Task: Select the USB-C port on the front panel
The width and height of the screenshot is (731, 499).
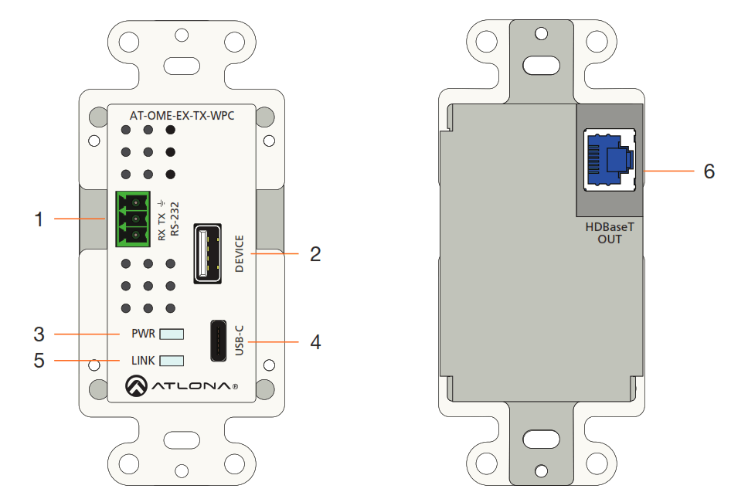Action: pos(219,341)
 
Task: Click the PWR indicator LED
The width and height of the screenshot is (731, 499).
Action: pos(172,334)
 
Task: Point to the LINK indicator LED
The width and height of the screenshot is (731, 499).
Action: pos(172,361)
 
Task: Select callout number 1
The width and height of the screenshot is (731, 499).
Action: pos(38,219)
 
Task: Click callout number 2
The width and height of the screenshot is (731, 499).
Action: pos(314,253)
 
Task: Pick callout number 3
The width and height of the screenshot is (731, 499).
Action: pos(38,334)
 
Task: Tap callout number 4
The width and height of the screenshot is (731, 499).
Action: pos(314,341)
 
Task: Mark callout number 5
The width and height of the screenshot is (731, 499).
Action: pos(38,360)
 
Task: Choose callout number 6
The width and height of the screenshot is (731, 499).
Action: pos(709,171)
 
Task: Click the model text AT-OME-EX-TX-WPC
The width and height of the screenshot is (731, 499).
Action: pos(182,116)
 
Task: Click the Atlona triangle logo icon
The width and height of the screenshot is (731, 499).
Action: pos(137,385)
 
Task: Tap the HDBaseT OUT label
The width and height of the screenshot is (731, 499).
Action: pos(609,233)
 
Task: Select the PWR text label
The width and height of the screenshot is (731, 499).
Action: pos(144,334)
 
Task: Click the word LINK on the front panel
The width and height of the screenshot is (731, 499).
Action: pos(144,361)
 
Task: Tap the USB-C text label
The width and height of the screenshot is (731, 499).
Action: pos(239,341)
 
